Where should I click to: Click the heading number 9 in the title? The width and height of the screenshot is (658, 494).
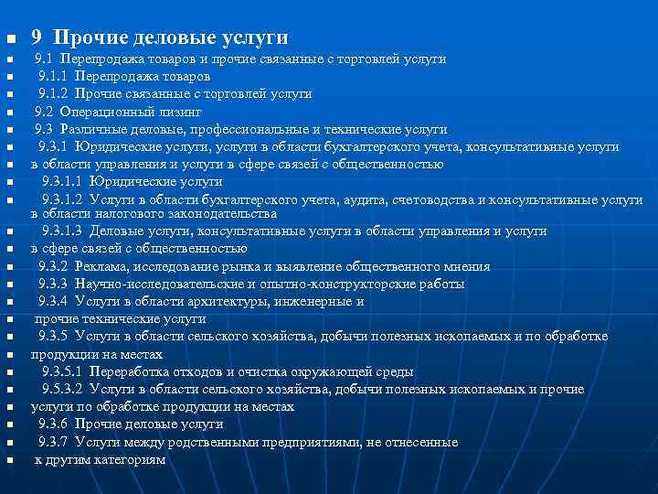pyautogui.click(x=37, y=38)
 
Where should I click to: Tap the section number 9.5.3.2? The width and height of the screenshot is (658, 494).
pyautogui.click(x=60, y=389)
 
